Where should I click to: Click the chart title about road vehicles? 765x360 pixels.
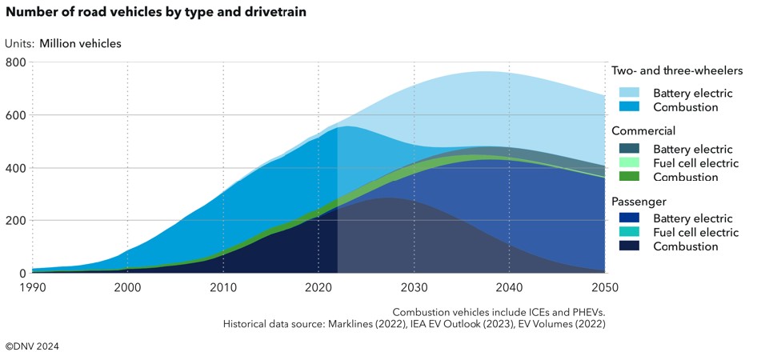[156, 14]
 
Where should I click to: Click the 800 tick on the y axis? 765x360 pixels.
[16, 62]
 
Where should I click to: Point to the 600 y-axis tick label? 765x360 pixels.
[16, 115]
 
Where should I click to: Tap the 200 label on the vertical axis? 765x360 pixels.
[16, 220]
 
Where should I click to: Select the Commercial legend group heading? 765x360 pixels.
[643, 130]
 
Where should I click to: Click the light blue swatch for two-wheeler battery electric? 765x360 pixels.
[628, 93]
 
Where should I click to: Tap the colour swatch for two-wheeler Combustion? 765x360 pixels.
[628, 106]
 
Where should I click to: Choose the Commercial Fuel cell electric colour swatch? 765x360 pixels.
[628, 162]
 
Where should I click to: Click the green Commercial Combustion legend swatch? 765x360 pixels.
[628, 176]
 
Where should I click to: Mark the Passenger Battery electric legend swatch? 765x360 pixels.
[628, 218]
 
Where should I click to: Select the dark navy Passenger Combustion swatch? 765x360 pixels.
[628, 246]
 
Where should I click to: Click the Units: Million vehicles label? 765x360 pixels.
[63, 43]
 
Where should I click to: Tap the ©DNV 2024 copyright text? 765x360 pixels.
[32, 346]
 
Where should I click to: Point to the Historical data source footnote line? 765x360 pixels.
[414, 323]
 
